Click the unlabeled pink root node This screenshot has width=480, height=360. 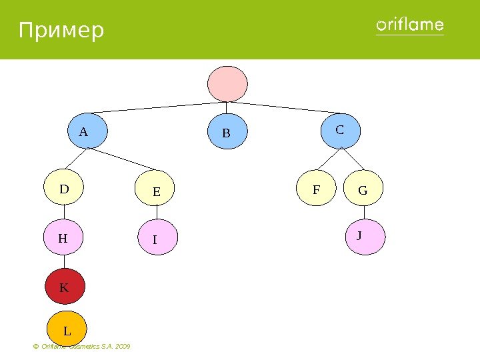point(227,83)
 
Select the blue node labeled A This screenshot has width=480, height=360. point(87,131)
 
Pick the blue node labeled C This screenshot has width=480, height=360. point(341,130)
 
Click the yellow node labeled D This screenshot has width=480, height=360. point(65,189)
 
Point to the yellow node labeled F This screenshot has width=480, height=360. point(317,189)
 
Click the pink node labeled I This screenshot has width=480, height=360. point(157,239)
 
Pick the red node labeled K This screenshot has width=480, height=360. point(65,287)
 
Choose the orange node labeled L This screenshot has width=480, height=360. point(67,329)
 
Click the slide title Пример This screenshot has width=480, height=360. point(61,31)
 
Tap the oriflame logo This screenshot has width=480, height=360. point(410,26)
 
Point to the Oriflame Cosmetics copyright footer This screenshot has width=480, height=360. point(81,347)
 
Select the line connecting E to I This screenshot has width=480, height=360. point(157,213)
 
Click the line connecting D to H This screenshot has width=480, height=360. point(64,213)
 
